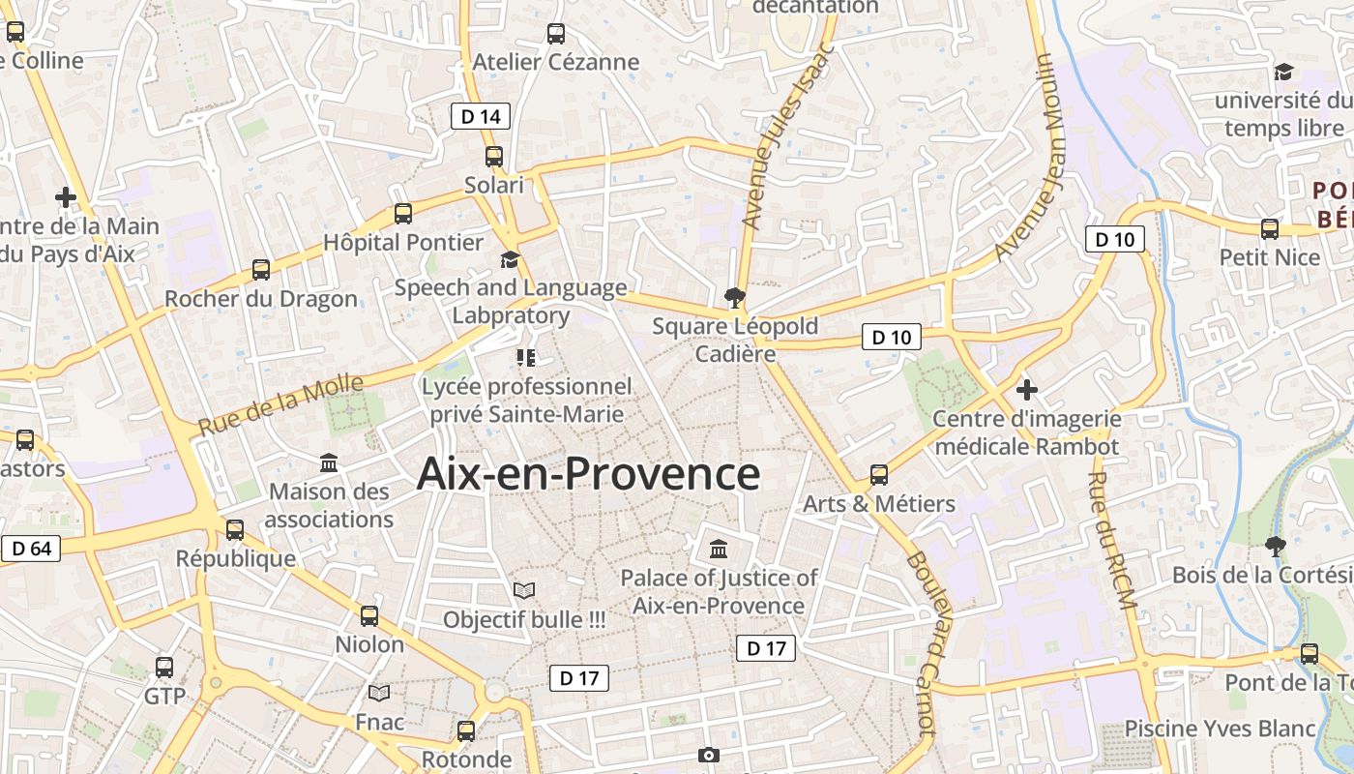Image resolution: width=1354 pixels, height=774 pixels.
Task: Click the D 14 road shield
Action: (x=481, y=117)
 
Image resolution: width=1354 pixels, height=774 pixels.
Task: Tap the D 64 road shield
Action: (x=31, y=549)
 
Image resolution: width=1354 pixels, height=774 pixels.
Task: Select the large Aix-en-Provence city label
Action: (x=588, y=474)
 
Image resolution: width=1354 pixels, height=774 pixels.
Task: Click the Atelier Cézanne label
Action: (x=556, y=62)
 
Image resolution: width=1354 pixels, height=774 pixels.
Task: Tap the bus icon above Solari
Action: (x=494, y=156)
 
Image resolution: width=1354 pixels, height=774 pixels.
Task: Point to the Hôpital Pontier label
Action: (x=403, y=242)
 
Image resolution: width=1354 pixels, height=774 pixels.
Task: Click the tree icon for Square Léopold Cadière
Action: (x=735, y=297)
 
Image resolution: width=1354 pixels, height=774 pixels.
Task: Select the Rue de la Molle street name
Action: (x=280, y=404)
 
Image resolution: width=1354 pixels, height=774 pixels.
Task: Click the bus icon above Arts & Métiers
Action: (x=879, y=475)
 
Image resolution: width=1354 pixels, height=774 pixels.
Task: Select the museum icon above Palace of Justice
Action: (x=719, y=550)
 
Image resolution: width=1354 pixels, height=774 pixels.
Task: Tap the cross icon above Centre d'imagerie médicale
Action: (x=1027, y=390)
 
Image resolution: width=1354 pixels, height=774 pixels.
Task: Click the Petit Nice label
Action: (x=1269, y=257)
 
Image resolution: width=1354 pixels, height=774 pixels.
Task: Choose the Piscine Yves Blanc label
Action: (x=1221, y=729)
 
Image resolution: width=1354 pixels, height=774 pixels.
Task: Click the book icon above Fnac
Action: (x=379, y=693)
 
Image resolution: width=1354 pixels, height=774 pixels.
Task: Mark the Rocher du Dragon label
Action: (x=261, y=299)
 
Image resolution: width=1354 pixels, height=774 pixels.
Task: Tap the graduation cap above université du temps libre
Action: (x=1283, y=73)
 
